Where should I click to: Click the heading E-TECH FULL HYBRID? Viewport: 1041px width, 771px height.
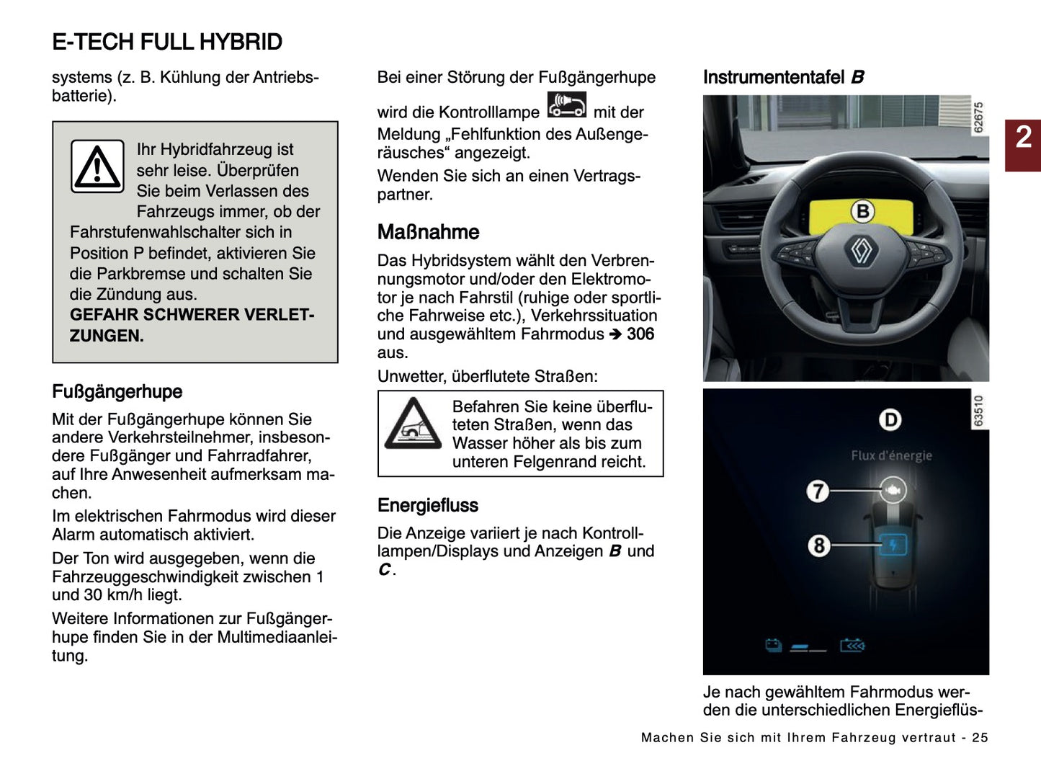(167, 43)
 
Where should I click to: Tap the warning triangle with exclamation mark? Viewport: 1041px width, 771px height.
(97, 166)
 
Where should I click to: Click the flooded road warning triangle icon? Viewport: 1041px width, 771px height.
(413, 424)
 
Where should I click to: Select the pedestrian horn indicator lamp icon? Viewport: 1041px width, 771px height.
(566, 105)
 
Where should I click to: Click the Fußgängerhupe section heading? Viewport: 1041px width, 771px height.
(117, 392)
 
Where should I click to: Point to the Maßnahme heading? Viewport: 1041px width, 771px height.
(428, 232)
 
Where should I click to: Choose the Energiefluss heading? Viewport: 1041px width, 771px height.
(427, 505)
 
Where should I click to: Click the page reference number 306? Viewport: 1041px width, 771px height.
(640, 334)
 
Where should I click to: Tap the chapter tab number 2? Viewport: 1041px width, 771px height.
(1023, 137)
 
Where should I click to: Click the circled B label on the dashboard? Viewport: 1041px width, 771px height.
(862, 211)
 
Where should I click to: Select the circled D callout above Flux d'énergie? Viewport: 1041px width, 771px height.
(890, 419)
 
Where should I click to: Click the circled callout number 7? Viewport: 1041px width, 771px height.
(818, 491)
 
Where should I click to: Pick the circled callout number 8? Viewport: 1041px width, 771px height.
(818, 545)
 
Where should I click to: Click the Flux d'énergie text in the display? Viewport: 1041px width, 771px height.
(891, 455)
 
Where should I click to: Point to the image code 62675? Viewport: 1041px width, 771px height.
(978, 117)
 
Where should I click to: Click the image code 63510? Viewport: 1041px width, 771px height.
(978, 410)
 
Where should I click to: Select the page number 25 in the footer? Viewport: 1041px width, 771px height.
(980, 738)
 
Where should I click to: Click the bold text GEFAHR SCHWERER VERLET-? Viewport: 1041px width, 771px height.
(192, 315)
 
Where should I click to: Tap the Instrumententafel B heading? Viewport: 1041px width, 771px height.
(783, 77)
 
